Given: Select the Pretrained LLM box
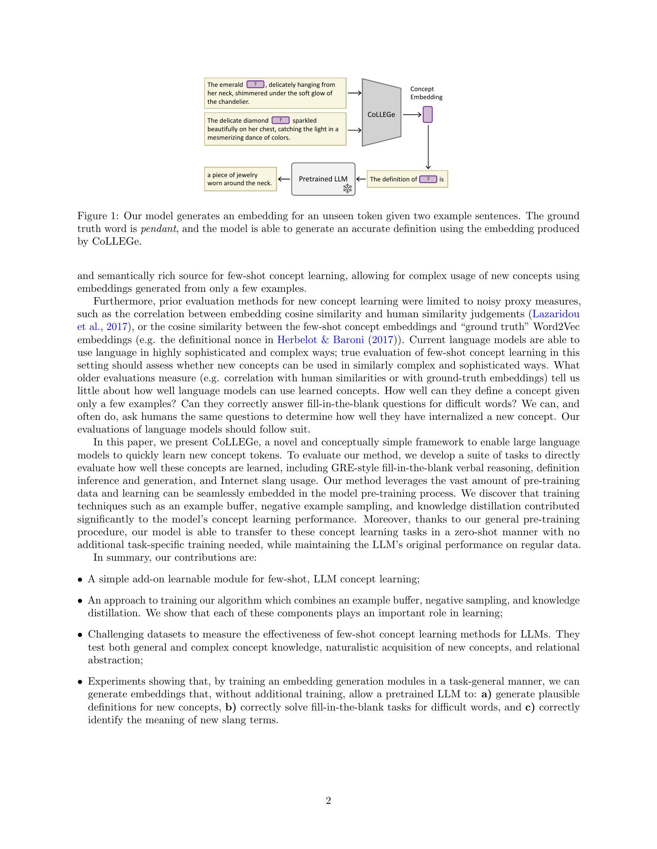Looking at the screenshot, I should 323,179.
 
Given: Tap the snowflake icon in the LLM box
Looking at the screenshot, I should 347,189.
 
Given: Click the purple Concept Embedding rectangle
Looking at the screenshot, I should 427,115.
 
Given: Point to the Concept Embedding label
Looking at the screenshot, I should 426,93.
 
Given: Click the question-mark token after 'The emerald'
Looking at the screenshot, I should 255,85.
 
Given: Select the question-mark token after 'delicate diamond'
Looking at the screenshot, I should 280,120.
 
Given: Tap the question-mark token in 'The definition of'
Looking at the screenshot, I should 428,179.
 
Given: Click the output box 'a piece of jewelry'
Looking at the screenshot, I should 240,179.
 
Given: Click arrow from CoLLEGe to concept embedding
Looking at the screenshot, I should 412,115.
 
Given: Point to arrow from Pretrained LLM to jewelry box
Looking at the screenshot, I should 284,179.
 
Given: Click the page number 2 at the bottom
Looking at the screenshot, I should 328,801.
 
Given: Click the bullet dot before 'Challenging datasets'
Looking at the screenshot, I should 80,635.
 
